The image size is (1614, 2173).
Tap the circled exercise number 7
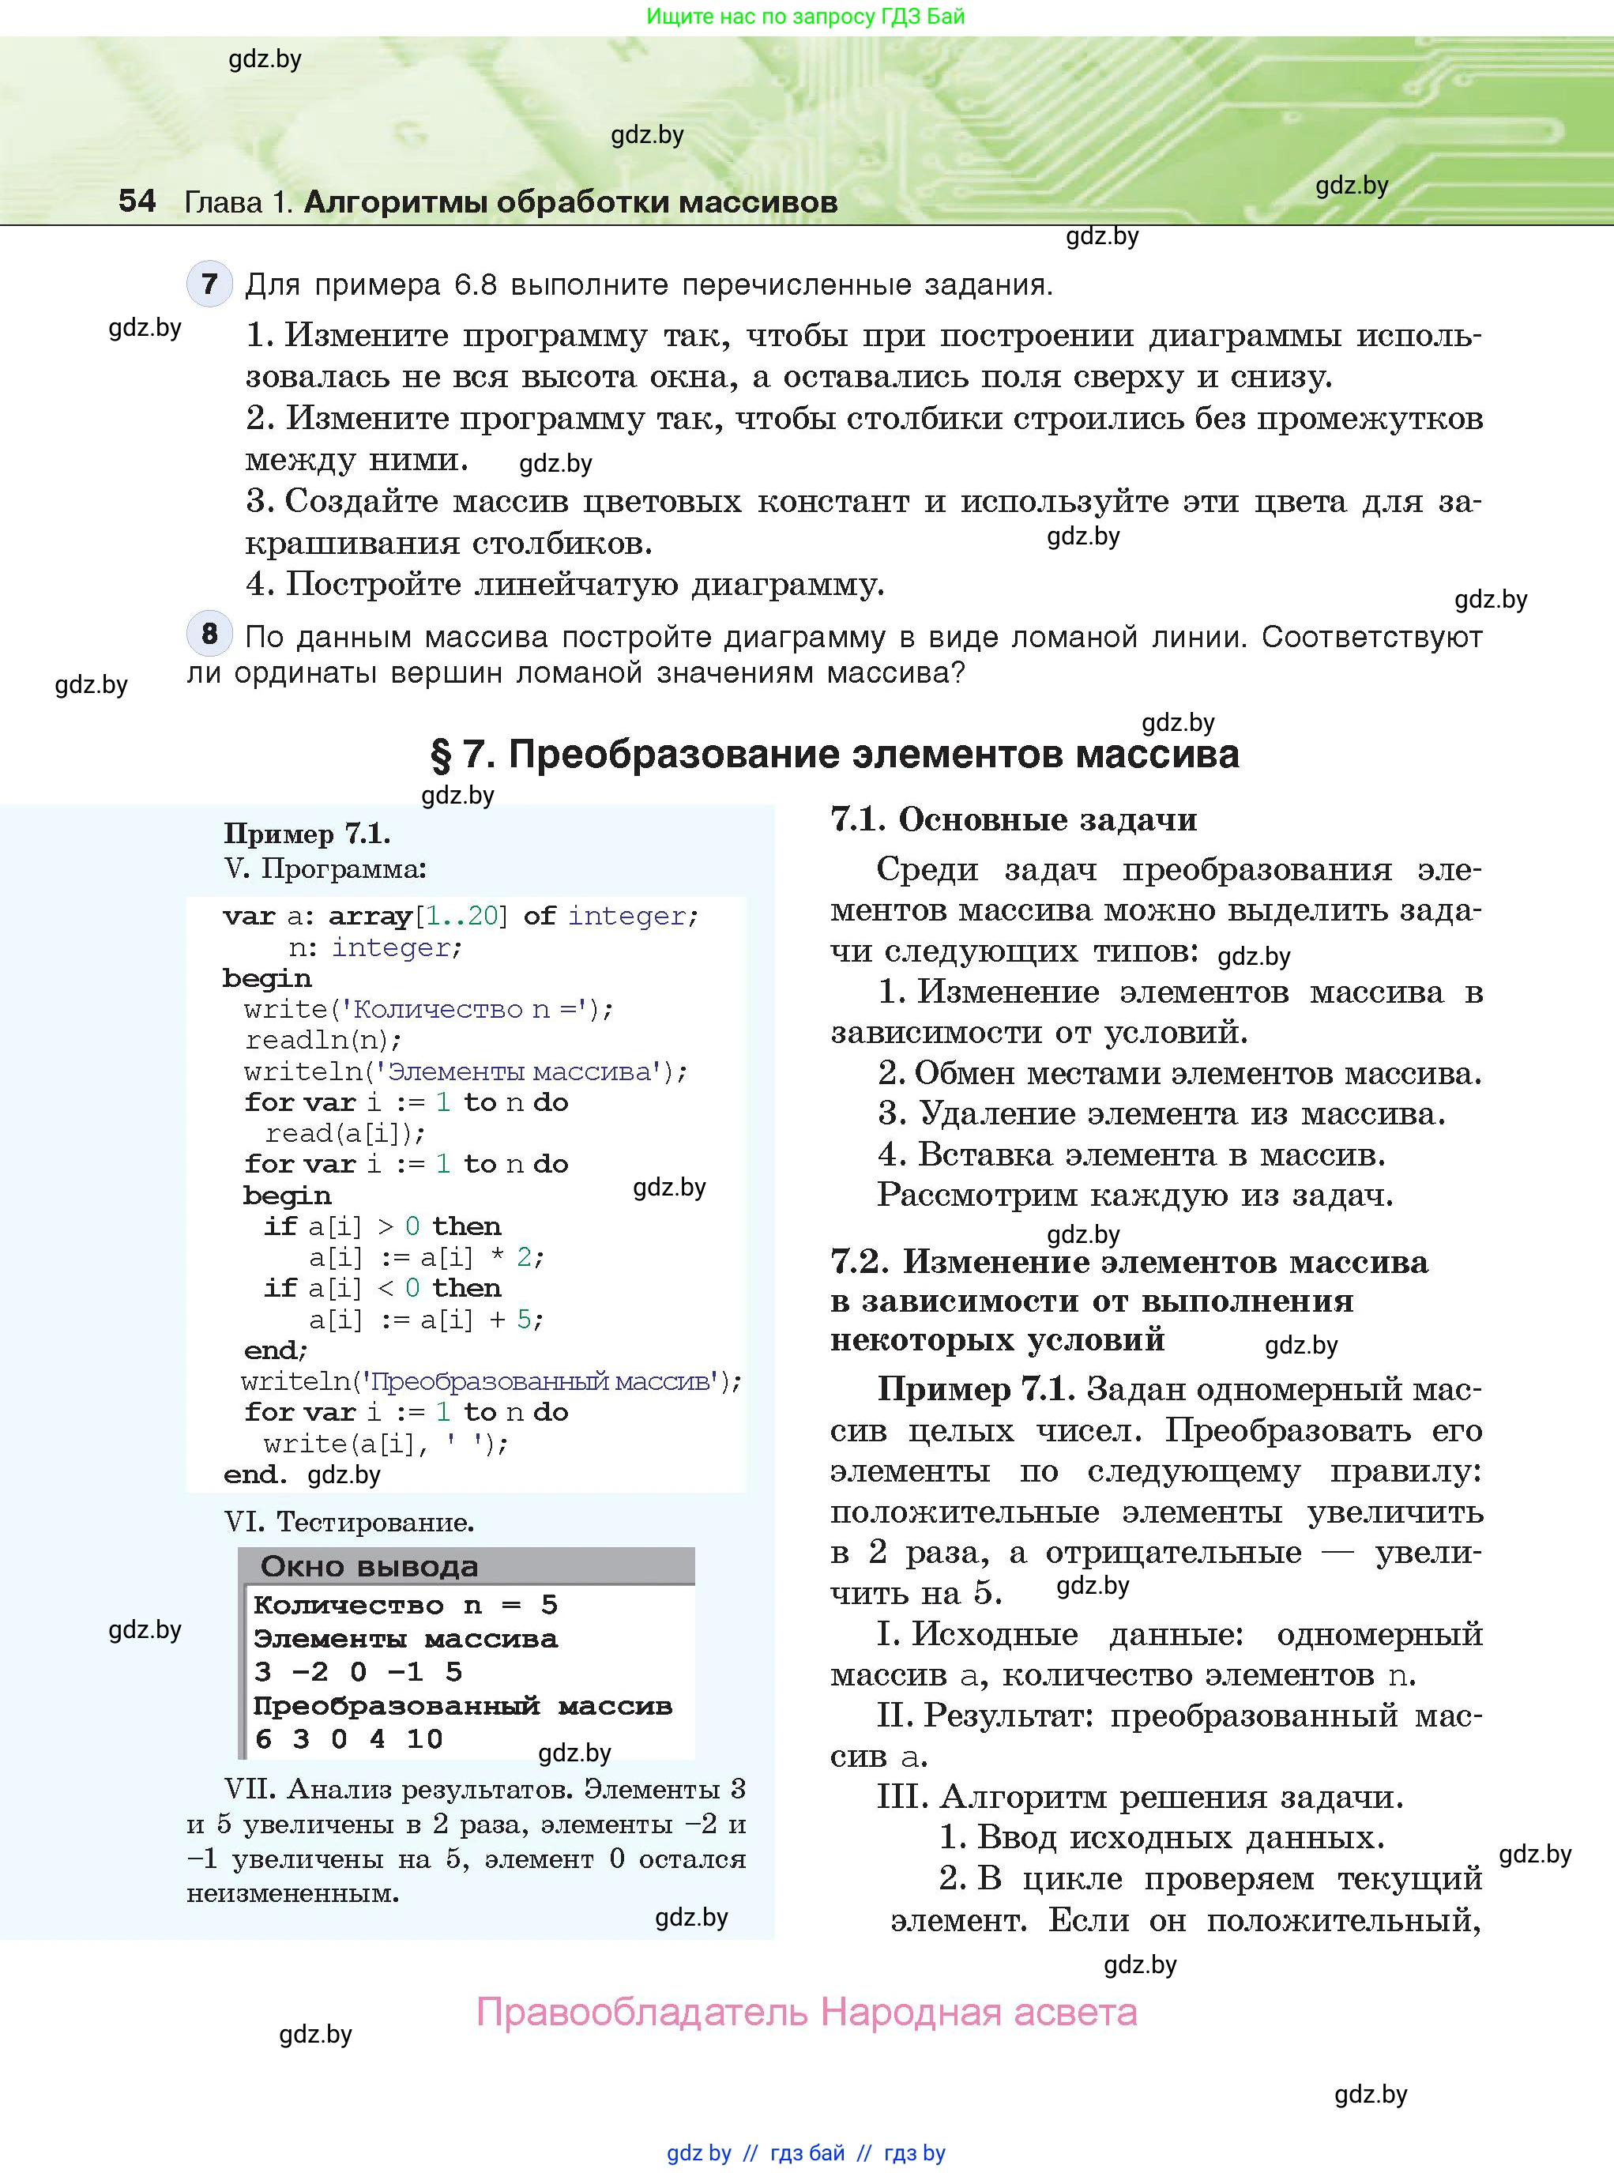[x=209, y=284]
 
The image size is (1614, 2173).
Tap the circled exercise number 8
[x=209, y=634]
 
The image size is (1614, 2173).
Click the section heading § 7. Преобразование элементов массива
[x=834, y=755]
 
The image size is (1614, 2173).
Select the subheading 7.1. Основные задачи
[x=1013, y=819]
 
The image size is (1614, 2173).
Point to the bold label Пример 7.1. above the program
[x=307, y=834]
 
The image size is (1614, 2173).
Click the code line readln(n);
[x=322, y=1040]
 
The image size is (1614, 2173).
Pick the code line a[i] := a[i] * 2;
[x=426, y=1257]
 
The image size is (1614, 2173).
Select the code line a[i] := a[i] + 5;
[x=426, y=1320]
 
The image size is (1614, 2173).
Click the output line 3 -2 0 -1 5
[x=358, y=1672]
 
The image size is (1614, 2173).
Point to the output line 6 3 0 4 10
[x=348, y=1738]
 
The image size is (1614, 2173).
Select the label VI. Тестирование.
[x=348, y=1522]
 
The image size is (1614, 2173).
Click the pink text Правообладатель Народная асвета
[x=806, y=2013]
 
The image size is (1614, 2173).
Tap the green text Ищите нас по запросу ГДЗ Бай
[x=805, y=17]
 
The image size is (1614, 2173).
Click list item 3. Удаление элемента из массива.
[x=1161, y=1114]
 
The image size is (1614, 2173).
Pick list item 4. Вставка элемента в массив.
[x=1131, y=1155]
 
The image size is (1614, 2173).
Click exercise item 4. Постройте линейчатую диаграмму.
[x=565, y=584]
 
